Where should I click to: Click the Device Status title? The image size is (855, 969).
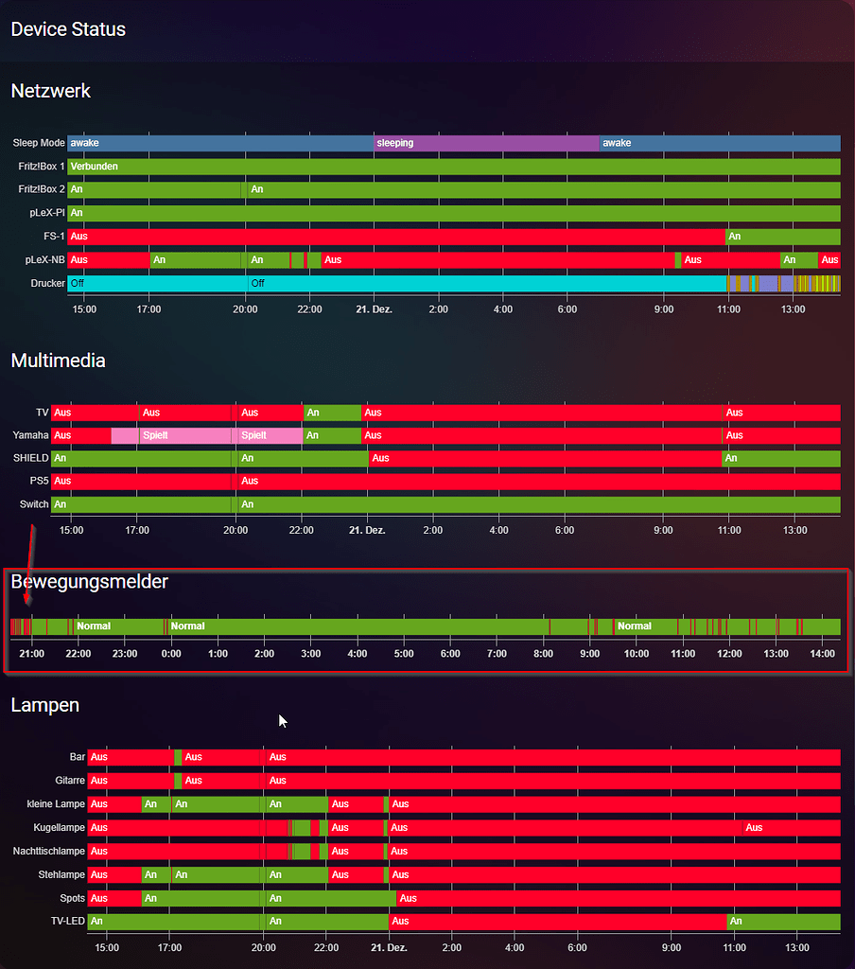68,29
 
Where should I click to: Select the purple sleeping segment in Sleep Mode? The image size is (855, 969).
486,143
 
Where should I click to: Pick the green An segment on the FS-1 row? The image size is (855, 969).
782,236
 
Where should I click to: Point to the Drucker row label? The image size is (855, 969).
47,283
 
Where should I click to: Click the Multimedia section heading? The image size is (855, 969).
58,361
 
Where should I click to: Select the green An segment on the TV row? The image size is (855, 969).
332,413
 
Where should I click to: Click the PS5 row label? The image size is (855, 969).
39,481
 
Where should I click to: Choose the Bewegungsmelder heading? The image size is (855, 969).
89,581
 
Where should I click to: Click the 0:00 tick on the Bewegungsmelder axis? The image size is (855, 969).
171,654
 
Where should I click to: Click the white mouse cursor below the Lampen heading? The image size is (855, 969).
282,721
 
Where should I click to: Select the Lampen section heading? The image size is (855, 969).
44,705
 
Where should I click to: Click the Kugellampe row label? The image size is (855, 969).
59,827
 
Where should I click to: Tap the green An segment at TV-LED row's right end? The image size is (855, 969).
782,921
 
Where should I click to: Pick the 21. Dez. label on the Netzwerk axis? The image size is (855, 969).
374,309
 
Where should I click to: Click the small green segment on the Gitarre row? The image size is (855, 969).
178,781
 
